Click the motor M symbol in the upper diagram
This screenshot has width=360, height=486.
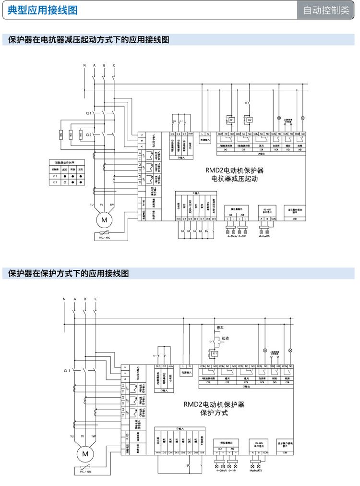click(x=104, y=220)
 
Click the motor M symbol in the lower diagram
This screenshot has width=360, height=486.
click(x=85, y=453)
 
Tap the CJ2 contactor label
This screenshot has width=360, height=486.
click(x=89, y=135)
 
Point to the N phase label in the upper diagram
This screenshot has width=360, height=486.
click(x=84, y=65)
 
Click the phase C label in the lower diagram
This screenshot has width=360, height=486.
click(x=96, y=299)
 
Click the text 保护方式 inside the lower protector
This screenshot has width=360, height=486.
click(x=214, y=413)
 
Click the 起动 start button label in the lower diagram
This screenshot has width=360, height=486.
click(x=225, y=339)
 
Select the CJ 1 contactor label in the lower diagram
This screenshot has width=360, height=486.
click(x=66, y=371)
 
